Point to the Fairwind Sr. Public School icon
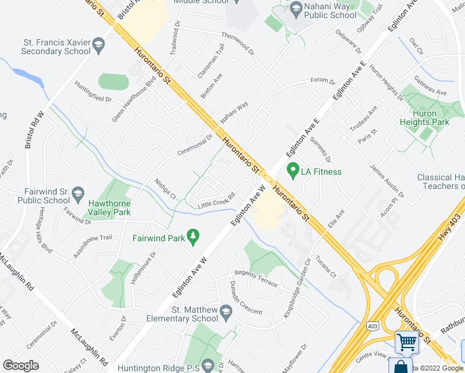click(x=78, y=193)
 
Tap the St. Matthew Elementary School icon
click(x=226, y=315)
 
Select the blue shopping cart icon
click(x=407, y=341)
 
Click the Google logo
click(x=21, y=366)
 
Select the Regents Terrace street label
click(x=256, y=279)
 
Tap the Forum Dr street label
click(x=323, y=81)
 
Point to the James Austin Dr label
click(x=387, y=181)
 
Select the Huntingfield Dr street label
click(x=93, y=91)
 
